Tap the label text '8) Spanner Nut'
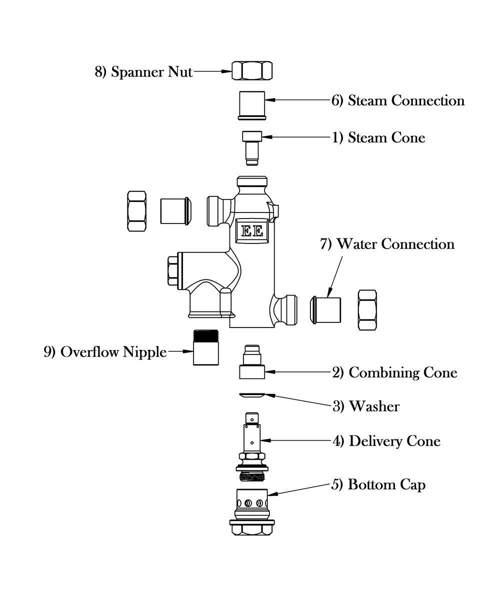(143, 72)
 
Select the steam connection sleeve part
(252, 105)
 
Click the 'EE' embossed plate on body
(252, 231)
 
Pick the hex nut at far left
(136, 210)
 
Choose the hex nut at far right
(367, 310)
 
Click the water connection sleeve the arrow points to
(327, 310)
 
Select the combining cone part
(252, 363)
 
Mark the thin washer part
(251, 395)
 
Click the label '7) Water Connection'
(387, 244)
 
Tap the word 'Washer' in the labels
(374, 406)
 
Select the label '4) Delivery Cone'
(386, 441)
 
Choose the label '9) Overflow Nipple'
(105, 352)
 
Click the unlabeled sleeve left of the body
(175, 210)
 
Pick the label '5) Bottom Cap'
(378, 484)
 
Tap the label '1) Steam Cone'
(378, 137)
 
